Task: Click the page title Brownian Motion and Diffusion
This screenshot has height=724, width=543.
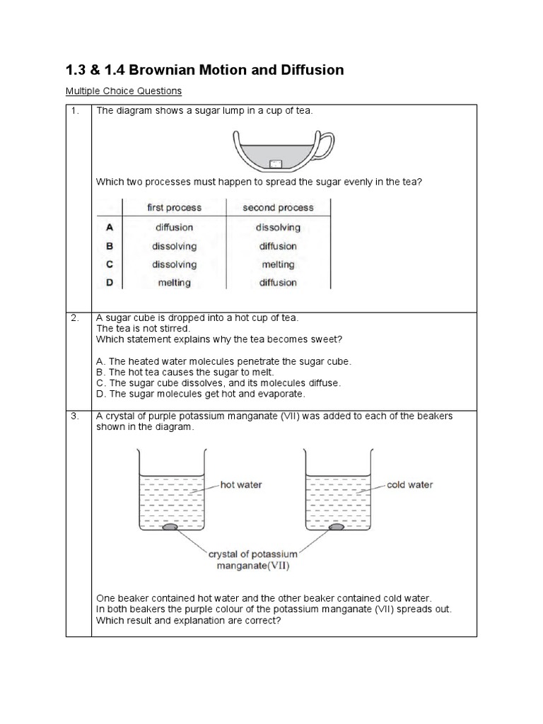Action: pos(204,69)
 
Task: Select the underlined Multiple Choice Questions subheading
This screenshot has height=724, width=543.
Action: pos(123,91)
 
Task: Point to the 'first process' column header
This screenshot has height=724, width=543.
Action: pos(174,208)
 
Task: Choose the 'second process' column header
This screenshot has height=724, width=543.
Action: pos(278,208)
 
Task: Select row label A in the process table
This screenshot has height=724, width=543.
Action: pos(109,228)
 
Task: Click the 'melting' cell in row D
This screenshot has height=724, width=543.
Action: pos(174,283)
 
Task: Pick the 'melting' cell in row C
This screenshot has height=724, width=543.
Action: pos(278,264)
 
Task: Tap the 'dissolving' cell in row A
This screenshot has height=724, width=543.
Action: pos(278,228)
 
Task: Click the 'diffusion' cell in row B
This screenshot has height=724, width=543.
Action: pos(278,246)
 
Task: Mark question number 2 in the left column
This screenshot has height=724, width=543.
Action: pos(75,318)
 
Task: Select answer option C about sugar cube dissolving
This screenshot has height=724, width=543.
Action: pos(218,383)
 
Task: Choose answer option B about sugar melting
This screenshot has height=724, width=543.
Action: pos(185,372)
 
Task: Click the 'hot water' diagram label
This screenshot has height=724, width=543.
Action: pos(241,485)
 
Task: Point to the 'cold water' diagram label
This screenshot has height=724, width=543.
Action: pos(409,485)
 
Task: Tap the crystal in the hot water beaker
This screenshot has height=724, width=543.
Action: pos(170,527)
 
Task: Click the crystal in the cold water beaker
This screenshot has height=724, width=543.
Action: pos(337,527)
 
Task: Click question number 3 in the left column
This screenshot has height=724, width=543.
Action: pos(75,416)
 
